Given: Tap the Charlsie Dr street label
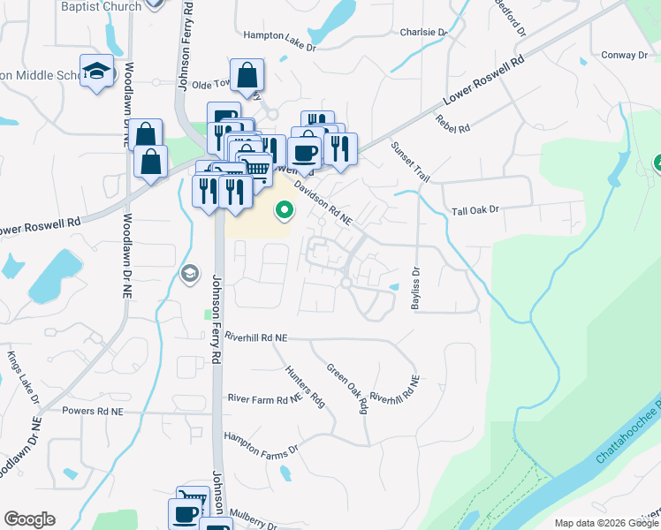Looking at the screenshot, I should [x=423, y=33].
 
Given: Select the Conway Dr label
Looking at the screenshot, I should [x=624, y=56].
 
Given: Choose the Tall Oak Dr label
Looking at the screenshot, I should [x=475, y=210].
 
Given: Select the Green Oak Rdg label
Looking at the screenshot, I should [x=347, y=389].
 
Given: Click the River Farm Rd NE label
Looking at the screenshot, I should [x=265, y=400].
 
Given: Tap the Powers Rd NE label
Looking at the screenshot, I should [x=93, y=411].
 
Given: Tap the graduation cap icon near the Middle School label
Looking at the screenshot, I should [x=96, y=70].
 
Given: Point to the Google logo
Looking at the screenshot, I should [x=29, y=519].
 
